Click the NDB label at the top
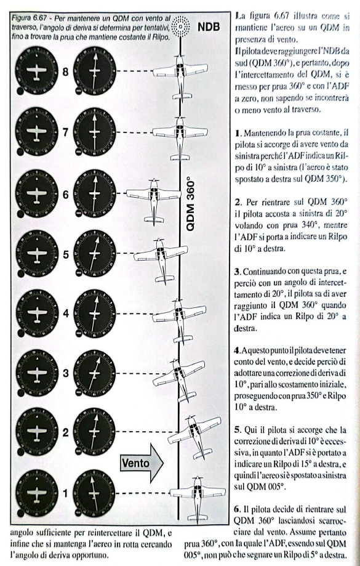pos(211,28)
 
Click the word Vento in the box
pos(137,460)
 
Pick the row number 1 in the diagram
pos(66,492)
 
